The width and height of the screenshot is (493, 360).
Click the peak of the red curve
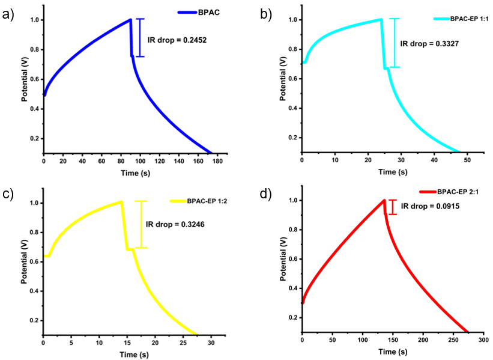pos(384,200)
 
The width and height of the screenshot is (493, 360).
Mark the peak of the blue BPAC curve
pos(130,20)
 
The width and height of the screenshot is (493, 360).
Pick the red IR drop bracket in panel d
pos(393,207)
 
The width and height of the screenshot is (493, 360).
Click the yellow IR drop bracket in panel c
pos(141,224)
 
